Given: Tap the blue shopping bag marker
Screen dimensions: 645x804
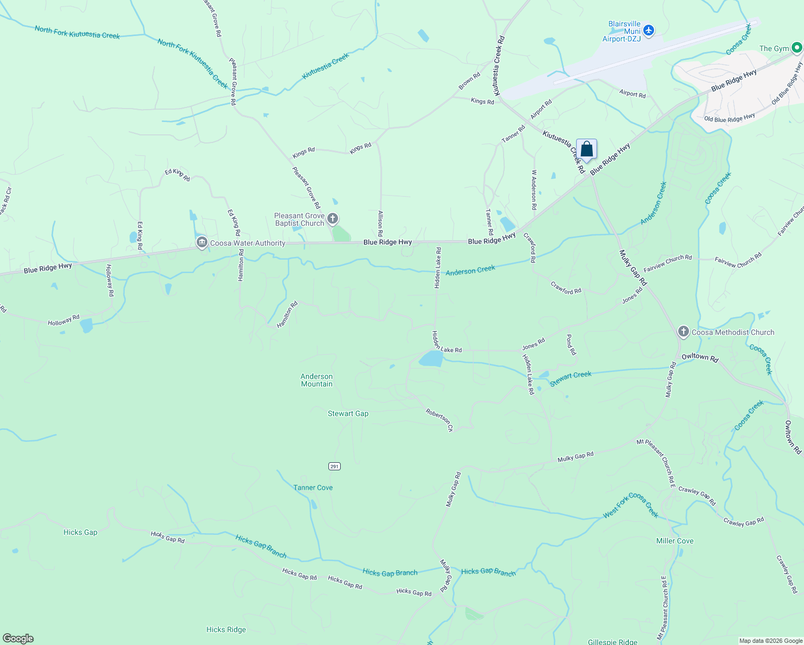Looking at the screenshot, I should pyautogui.click(x=586, y=149).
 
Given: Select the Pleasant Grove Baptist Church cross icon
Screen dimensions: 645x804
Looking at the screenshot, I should pyautogui.click(x=333, y=219).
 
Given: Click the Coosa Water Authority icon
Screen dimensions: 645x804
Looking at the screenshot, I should pyautogui.click(x=202, y=243).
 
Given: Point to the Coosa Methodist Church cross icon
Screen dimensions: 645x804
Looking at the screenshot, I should pyautogui.click(x=683, y=332).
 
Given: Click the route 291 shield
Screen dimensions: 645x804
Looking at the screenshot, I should pyautogui.click(x=335, y=466).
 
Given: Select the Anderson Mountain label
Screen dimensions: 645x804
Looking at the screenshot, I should pyautogui.click(x=317, y=380).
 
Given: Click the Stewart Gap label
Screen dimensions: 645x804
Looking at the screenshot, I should pyautogui.click(x=348, y=413).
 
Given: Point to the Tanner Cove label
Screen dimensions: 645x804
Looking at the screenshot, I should pyautogui.click(x=313, y=488).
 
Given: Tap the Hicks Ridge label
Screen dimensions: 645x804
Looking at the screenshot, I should pyautogui.click(x=226, y=629).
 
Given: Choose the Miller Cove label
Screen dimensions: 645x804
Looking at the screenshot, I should pyautogui.click(x=674, y=541).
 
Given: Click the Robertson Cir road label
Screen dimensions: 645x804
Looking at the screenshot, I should pyautogui.click(x=440, y=420).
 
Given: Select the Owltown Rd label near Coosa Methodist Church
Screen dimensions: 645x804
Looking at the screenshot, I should pyautogui.click(x=700, y=357).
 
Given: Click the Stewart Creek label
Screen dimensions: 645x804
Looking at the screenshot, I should pyautogui.click(x=570, y=378).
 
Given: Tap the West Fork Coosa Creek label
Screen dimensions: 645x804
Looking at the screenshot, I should pyautogui.click(x=630, y=505).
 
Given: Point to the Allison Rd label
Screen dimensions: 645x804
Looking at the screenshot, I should pyautogui.click(x=380, y=224).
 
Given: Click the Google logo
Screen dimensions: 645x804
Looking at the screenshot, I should pyautogui.click(x=18, y=639).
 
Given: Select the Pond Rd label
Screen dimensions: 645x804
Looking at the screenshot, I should pyautogui.click(x=571, y=345).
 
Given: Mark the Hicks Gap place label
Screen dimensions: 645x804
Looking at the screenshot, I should pyautogui.click(x=80, y=532).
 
